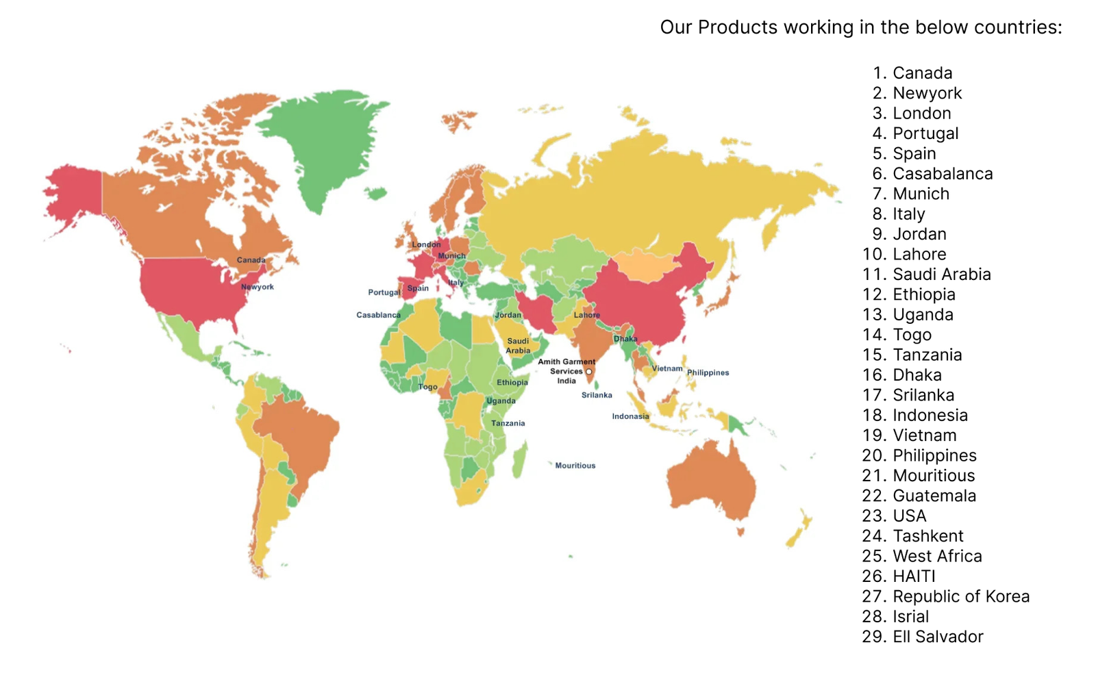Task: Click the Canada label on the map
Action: (251, 260)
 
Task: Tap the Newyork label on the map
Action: (258, 287)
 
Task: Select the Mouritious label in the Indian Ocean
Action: (575, 466)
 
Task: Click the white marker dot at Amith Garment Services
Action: (588, 372)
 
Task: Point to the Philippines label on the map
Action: (708, 372)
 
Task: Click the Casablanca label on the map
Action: (378, 315)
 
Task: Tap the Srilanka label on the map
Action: (597, 395)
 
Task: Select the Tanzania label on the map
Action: (508, 423)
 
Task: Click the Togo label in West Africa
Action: (427, 387)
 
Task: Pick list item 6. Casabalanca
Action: (932, 174)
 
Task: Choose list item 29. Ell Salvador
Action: (922, 637)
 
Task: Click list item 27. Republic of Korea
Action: (945, 596)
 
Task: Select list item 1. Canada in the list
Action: (912, 73)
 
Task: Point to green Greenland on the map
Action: (322, 144)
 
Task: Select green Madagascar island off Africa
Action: (520, 460)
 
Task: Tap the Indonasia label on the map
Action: (630, 416)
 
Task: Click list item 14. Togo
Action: (897, 335)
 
